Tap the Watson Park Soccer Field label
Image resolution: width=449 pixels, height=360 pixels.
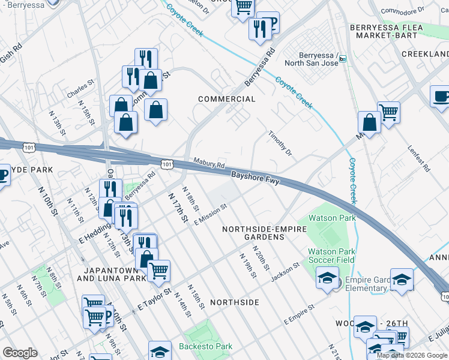tap(331, 256)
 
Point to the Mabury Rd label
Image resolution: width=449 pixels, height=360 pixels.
tap(209, 163)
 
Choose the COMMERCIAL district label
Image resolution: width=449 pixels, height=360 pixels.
tap(227, 99)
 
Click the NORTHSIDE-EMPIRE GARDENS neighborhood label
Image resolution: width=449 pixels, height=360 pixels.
tap(264, 233)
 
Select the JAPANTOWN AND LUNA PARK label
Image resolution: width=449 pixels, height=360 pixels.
tap(112, 274)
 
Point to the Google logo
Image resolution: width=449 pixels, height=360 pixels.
tap(20, 353)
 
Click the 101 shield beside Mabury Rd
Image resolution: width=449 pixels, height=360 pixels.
tap(166, 164)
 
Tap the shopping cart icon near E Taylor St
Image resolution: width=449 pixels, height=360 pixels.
tap(158, 271)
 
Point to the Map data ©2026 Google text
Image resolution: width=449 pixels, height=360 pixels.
tap(412, 355)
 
